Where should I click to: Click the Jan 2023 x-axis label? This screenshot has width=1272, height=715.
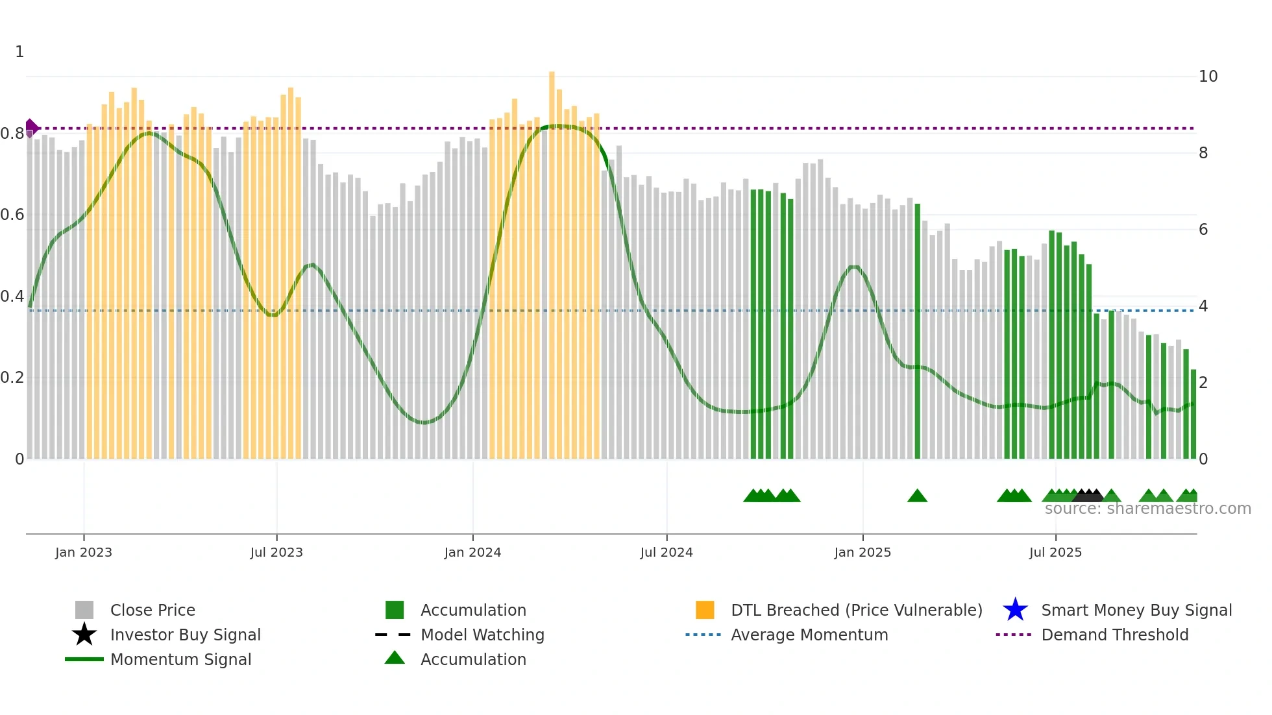pos(84,552)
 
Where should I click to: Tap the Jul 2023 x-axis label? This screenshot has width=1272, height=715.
pos(276,552)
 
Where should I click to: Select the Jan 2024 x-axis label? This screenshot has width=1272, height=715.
pos(472,552)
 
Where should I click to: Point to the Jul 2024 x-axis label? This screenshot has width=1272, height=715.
pos(667,552)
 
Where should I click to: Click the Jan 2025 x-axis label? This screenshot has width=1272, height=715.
pos(862,552)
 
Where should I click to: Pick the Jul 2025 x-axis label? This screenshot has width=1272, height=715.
pos(1055,552)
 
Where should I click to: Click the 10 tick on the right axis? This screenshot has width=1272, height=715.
pos(1208,77)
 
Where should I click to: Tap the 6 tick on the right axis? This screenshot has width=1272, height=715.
pos(1203,230)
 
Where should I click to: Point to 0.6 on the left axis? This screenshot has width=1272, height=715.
pos(12,215)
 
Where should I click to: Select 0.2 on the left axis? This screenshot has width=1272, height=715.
pos(12,378)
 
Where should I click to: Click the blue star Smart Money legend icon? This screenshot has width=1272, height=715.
pos(1015,610)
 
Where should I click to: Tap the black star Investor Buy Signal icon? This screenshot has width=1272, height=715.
pos(84,635)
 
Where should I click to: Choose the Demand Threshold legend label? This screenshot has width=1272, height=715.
pos(1114,635)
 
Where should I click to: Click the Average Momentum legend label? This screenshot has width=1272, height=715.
pos(809,635)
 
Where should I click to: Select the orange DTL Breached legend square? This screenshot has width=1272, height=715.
pos(705,610)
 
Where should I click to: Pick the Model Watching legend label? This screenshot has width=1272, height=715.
pos(482,635)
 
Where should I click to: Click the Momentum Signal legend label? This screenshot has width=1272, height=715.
pos(180,659)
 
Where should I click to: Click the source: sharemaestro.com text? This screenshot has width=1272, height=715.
pos(1147,509)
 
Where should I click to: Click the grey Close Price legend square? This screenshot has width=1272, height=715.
pos(84,610)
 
